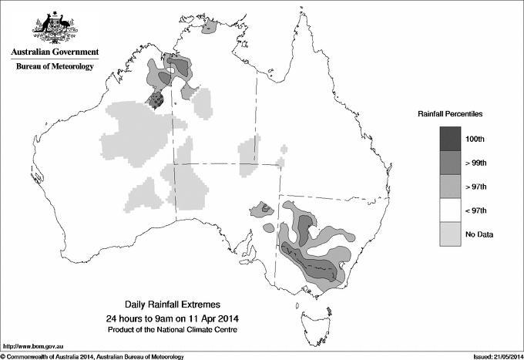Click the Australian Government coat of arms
coord(54,25)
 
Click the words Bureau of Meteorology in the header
coord(55,66)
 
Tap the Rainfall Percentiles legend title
coord(450,113)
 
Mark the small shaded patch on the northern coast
coord(210,30)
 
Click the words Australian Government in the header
coord(55,52)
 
